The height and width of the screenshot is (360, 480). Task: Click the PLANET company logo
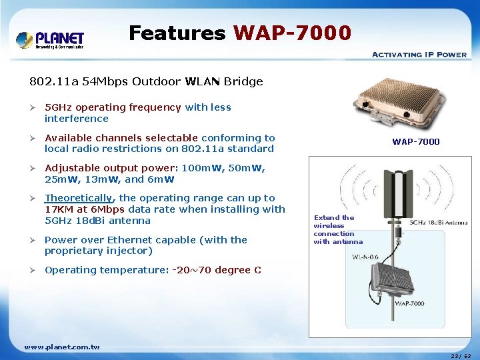50,39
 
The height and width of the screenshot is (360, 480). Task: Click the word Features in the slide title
177,33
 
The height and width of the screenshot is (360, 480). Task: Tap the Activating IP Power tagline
419,54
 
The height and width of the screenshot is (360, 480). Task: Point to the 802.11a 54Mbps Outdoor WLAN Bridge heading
146,82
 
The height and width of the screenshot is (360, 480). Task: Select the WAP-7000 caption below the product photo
415,142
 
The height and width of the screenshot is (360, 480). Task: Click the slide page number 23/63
460,355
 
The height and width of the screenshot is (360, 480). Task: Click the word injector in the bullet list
133,251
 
